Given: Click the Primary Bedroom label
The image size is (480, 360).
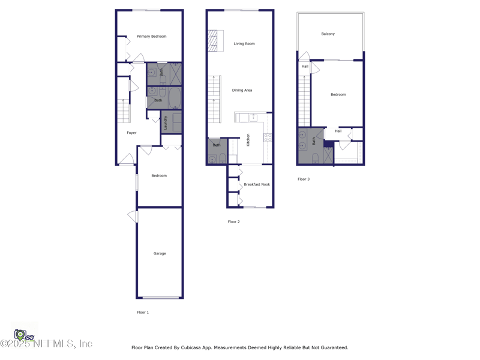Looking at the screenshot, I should pyautogui.click(x=151, y=37).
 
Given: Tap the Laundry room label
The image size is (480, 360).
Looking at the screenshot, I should pyautogui.click(x=166, y=122).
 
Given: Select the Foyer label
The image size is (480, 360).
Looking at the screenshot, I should pyautogui.click(x=131, y=133).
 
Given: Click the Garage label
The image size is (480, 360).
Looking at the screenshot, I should pyautogui.click(x=160, y=254).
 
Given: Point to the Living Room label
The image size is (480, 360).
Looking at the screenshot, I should pyautogui.click(x=244, y=44).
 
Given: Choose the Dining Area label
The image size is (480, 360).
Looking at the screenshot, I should pyautogui.click(x=242, y=91).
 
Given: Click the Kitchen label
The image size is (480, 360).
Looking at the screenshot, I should pyautogui.click(x=248, y=140).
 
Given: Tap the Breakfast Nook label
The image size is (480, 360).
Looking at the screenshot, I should pyautogui.click(x=257, y=185).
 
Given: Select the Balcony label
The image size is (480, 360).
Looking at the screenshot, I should pyautogui.click(x=328, y=34).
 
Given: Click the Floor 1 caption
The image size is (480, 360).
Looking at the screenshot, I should pyautogui.click(x=143, y=313).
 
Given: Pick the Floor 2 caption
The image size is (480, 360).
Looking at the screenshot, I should pyautogui.click(x=233, y=222).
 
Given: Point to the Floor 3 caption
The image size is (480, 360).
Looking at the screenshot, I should pyautogui.click(x=304, y=179).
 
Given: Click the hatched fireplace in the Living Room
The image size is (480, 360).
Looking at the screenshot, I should pyautogui.click(x=215, y=41).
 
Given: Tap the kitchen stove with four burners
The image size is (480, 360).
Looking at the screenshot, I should pyautogui.click(x=268, y=137).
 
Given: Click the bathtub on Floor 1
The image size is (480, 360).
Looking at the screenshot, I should pyautogui.click(x=175, y=98).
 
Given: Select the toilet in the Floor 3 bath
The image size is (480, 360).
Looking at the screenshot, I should pyautogui.click(x=316, y=158).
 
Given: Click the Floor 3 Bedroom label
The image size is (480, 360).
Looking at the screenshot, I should pyautogui.click(x=338, y=95).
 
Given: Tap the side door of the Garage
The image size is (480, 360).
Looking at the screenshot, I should pyautogui.click(x=133, y=216).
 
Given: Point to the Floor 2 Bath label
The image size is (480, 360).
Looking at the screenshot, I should pyautogui.click(x=217, y=145).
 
